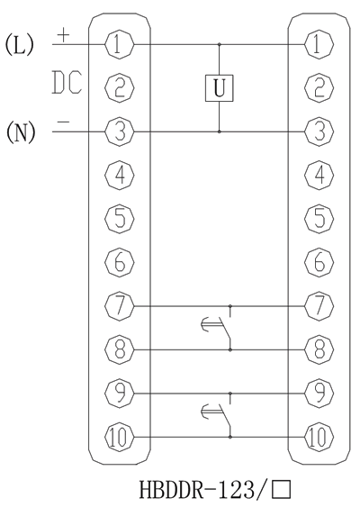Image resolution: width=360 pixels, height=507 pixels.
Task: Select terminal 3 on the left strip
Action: point(121,131)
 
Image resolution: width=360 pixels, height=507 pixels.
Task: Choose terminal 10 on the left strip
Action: point(121,438)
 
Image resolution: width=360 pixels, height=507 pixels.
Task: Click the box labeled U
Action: point(220,87)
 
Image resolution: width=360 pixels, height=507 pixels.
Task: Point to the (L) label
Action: point(19,44)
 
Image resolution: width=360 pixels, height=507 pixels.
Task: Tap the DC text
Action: point(67,86)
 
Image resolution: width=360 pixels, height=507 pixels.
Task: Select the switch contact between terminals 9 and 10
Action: point(220,416)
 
